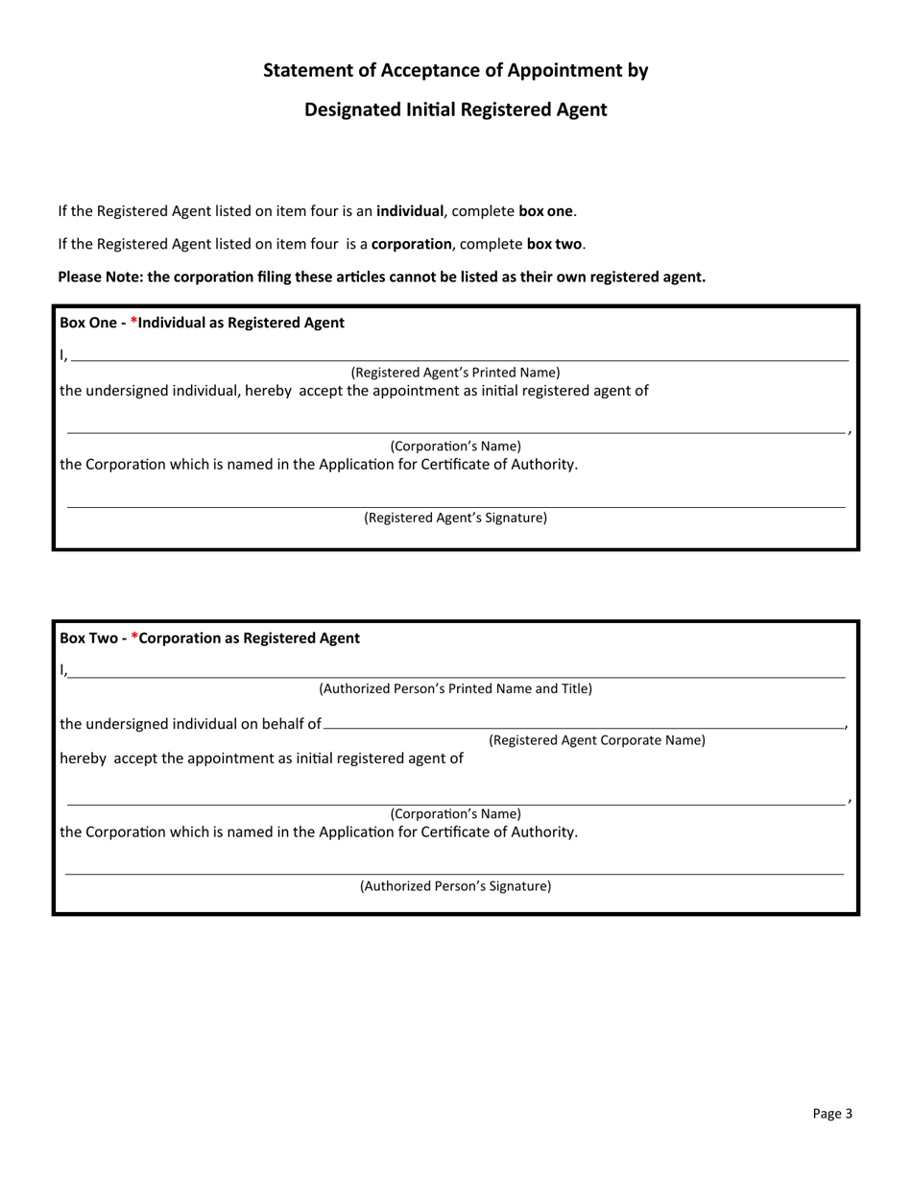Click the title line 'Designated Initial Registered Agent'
[455, 109]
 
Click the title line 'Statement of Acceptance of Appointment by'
[455, 70]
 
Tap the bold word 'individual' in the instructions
[410, 211]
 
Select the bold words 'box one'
[545, 211]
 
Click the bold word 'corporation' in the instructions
[411, 244]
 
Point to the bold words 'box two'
[554, 244]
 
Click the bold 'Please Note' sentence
[381, 277]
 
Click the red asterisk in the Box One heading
[134, 323]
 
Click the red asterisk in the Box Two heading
[135, 638]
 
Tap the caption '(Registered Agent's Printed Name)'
[455, 373]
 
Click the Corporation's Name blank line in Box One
[455, 431]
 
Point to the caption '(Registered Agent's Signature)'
[455, 518]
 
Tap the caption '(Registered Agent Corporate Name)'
[596, 740]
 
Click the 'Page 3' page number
[831, 1114]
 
